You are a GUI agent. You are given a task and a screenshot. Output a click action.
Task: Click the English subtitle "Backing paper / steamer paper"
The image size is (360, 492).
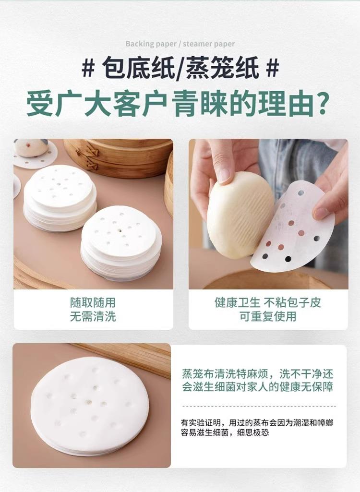pyautogui.click(x=180, y=44)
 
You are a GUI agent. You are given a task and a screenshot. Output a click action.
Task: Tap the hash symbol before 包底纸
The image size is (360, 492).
pyautogui.click(x=88, y=67)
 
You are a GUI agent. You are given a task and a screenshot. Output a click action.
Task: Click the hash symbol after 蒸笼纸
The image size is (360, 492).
pyautogui.click(x=272, y=67)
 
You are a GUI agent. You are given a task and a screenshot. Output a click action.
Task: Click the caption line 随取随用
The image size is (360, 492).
pyautogui.click(x=93, y=302)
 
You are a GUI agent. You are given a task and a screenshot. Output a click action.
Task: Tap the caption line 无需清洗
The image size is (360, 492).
pyautogui.click(x=93, y=316)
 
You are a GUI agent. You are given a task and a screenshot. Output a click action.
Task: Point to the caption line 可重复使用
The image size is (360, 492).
pyautogui.click(x=268, y=316)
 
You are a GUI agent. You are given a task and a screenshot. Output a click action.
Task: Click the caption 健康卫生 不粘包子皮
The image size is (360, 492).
pyautogui.click(x=268, y=302)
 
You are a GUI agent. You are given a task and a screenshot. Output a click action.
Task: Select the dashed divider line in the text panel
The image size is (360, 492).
pyautogui.click(x=259, y=406)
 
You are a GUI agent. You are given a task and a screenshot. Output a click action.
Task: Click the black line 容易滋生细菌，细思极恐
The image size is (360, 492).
pyautogui.click(x=225, y=432)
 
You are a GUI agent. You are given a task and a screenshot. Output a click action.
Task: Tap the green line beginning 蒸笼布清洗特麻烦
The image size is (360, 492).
pyautogui.click(x=258, y=374)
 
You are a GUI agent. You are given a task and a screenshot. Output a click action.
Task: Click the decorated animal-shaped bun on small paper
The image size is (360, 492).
pyautogui.click(x=31, y=148)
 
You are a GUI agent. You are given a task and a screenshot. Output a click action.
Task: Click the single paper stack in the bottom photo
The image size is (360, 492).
pyautogui.click(x=90, y=406)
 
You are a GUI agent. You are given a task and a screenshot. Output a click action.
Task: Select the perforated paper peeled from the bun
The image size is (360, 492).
pyautogui.click(x=293, y=228)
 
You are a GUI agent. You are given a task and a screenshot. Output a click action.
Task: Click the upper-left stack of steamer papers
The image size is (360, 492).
pyautogui.click(x=60, y=198)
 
